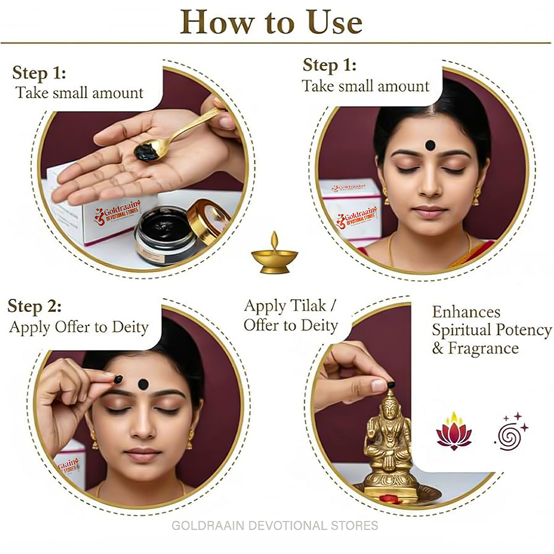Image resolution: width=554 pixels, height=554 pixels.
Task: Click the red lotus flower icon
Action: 454,432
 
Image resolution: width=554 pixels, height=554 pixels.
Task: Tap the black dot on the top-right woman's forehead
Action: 430,145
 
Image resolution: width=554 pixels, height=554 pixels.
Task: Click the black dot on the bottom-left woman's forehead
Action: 143,384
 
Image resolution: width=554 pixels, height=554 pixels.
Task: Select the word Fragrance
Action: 483,348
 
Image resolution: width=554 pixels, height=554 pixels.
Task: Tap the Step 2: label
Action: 35,306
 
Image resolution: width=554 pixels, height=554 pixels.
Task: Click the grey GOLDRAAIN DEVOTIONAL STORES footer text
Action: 275,525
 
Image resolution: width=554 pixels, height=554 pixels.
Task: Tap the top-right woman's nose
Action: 430,186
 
